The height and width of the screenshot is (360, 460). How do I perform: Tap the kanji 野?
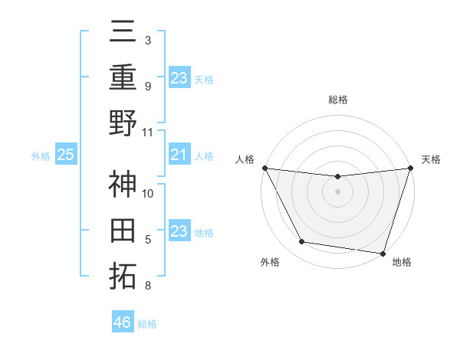pos(123,123)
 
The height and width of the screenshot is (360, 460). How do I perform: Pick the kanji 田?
pos(123,231)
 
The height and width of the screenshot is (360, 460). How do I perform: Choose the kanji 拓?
pos(123,277)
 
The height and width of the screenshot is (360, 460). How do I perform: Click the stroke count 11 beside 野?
pos(149,132)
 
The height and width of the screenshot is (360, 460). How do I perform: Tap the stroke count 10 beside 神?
pos(149,194)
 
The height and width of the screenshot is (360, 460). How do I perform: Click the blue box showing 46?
pos(123,322)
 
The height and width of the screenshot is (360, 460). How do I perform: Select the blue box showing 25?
pos(66,155)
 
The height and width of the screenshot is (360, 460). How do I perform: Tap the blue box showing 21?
pos(179,155)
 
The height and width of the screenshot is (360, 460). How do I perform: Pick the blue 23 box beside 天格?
pos(179,77)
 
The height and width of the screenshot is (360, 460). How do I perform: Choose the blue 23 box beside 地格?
pos(179,232)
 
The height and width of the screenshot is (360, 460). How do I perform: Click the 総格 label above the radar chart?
pos(338,100)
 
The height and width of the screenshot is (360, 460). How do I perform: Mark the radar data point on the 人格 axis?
pos(265,168)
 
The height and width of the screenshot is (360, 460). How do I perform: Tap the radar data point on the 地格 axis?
pos(383,253)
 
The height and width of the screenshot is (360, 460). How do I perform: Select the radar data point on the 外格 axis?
pos(302,242)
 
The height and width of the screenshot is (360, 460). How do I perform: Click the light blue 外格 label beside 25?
pos(41,156)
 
